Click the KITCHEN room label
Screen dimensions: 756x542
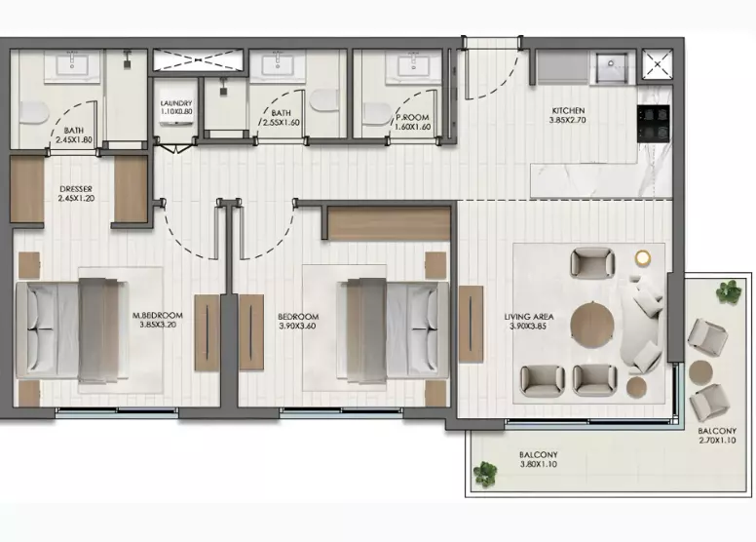(568, 110)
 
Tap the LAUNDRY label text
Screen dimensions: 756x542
(176, 103)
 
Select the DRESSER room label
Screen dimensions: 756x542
(76, 189)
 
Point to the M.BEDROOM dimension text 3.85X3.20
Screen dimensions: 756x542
(158, 325)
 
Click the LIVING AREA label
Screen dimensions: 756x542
(529, 317)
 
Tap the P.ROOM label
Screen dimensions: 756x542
(412, 117)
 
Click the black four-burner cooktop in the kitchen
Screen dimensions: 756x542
(654, 124)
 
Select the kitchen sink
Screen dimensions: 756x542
(612, 67)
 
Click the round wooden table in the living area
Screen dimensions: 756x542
(592, 325)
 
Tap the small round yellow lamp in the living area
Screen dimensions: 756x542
(642, 257)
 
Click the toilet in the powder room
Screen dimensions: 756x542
(378, 113)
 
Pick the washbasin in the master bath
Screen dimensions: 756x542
(72, 64)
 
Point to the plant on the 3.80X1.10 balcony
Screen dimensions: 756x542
(485, 473)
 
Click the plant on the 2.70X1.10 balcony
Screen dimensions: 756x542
(728, 291)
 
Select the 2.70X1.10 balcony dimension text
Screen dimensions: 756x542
(717, 441)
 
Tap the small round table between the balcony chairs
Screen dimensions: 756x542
(700, 372)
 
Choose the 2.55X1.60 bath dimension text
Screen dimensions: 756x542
(281, 123)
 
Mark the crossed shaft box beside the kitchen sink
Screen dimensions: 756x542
(658, 63)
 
